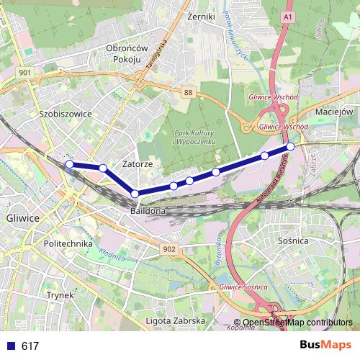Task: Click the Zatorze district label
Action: point(138,164)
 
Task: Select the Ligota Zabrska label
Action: point(176,320)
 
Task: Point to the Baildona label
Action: point(148,212)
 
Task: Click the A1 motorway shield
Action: point(289,16)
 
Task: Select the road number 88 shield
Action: point(188,93)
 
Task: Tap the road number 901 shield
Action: point(25,73)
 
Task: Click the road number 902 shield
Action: point(169,248)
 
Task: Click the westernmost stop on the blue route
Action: point(70,164)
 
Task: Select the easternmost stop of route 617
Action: point(290,147)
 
